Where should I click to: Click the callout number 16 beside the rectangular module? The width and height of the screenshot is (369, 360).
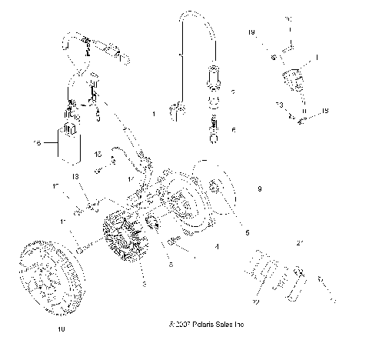pos(36,143)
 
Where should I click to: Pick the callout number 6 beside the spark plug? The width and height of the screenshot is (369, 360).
pos(234,130)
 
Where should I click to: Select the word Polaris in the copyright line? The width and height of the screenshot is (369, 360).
pos(194,325)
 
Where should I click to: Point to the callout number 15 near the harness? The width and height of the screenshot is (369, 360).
pos(98,155)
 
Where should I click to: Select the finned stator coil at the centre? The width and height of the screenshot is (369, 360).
pos(124,238)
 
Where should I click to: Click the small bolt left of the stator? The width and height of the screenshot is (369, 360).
pos(81,249)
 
